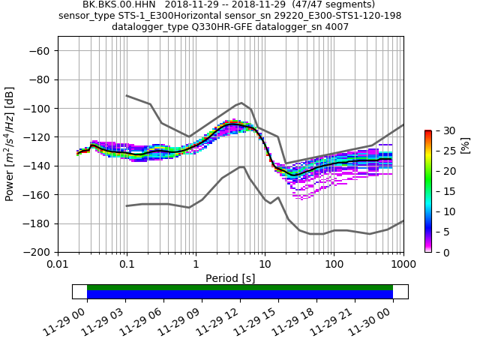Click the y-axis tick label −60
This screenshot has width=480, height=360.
point(40,51)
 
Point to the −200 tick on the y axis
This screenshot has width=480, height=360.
point(37,252)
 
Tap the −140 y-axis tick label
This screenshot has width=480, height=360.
point(37,166)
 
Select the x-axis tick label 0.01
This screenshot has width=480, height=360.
point(58,265)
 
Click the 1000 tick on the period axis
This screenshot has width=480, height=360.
point(403,265)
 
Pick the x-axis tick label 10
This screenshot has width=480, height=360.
point(265,265)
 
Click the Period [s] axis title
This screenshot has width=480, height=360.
point(230,278)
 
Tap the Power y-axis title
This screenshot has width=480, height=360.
point(10,151)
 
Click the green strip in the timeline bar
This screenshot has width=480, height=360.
point(240,287)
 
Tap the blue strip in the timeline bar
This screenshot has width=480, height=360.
point(240,295)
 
